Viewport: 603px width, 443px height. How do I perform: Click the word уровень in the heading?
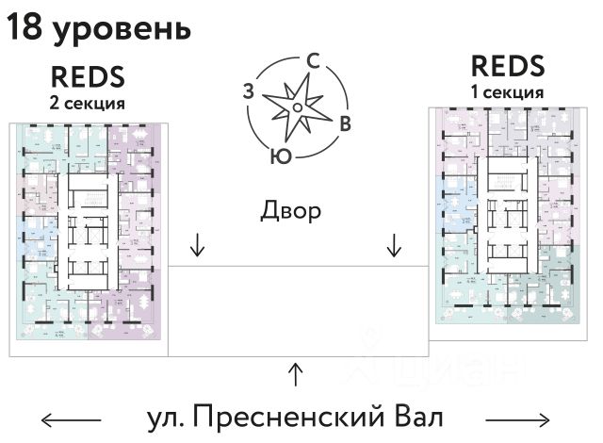122,30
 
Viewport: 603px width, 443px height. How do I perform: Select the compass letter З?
249,90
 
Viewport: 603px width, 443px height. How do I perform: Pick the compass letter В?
345,123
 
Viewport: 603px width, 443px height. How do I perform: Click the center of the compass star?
297,107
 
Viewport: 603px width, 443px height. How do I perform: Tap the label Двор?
291,209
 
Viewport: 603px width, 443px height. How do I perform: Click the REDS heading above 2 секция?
88,76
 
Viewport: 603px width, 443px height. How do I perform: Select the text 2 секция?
88,101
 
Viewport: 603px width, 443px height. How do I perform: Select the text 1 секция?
507,92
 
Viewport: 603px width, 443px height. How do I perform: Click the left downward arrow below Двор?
197,246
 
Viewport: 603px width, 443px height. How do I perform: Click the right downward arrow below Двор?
394,246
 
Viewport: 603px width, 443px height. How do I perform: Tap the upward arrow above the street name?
296,374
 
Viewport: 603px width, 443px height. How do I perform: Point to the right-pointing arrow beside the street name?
517,418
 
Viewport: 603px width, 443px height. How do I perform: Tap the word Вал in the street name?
414,417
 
